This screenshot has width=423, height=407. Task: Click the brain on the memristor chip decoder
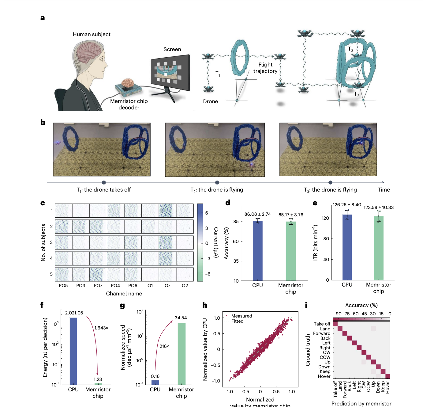pos(127,83)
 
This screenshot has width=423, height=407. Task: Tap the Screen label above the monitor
pos(172,49)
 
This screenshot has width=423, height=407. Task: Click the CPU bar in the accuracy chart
pos(257,250)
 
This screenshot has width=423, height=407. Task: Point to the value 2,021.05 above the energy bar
pos(74,313)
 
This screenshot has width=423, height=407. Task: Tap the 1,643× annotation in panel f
pos(101,328)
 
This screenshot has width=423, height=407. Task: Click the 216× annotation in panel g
pos(164,346)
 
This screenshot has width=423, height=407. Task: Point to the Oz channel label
pos(167,286)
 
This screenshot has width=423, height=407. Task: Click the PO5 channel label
pos(63,286)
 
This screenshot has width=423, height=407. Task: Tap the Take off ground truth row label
pos(322,324)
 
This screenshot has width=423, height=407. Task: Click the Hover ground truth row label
pos(324,376)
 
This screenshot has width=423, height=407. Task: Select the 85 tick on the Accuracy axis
pos(236,222)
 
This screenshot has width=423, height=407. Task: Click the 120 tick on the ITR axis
pos(325,218)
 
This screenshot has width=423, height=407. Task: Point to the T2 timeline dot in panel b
pos(217,182)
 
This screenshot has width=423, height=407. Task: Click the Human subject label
pos(92,34)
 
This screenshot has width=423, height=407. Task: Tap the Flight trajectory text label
pos(265,68)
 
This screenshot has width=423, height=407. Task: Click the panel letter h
pos(205,305)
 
